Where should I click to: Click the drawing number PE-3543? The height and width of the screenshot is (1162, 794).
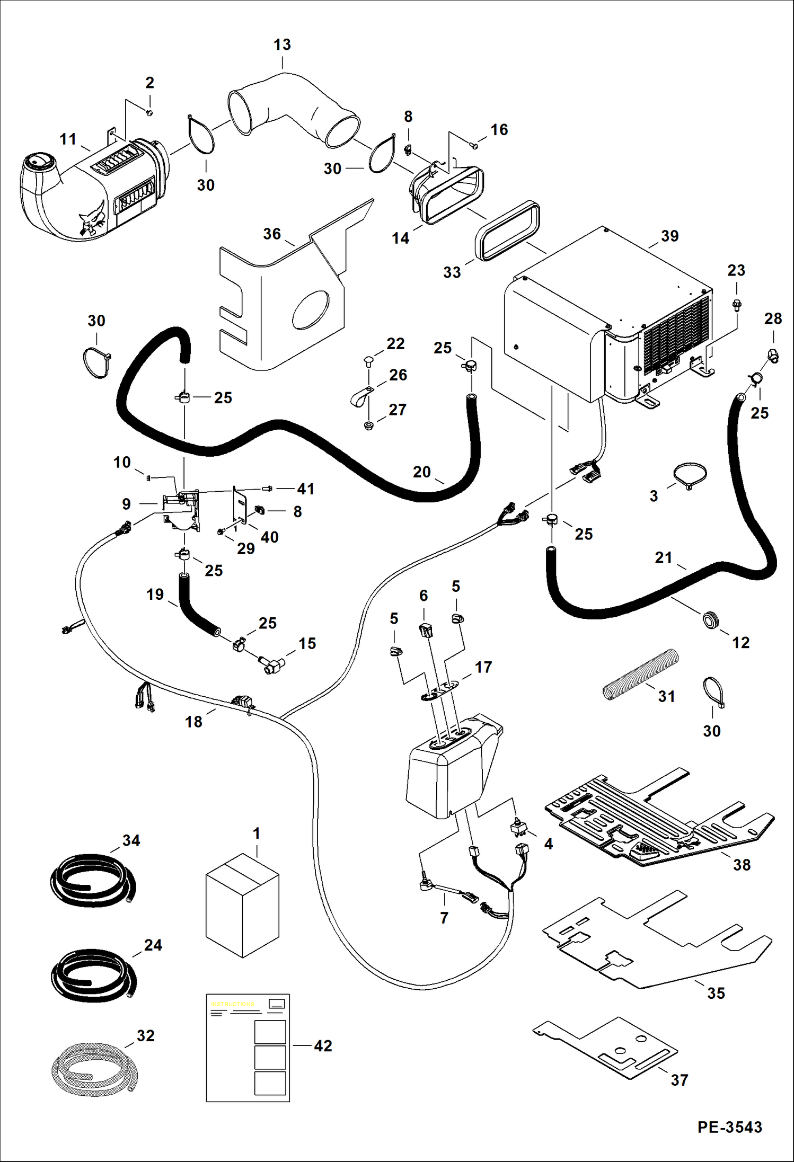point(729,1126)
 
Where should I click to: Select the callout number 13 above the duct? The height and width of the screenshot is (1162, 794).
point(282,45)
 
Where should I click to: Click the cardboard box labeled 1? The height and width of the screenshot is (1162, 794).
point(242,906)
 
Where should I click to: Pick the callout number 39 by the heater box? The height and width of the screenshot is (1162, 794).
point(669,236)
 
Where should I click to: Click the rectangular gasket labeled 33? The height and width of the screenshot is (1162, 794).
point(508,231)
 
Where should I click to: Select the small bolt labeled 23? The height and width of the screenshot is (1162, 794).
point(737,304)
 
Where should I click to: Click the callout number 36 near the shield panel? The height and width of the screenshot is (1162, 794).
point(272,234)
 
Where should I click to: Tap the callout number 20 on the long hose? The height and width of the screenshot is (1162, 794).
point(422,472)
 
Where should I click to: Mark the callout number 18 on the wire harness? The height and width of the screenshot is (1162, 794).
point(193,722)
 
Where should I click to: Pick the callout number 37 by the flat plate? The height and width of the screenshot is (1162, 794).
point(679,1080)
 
